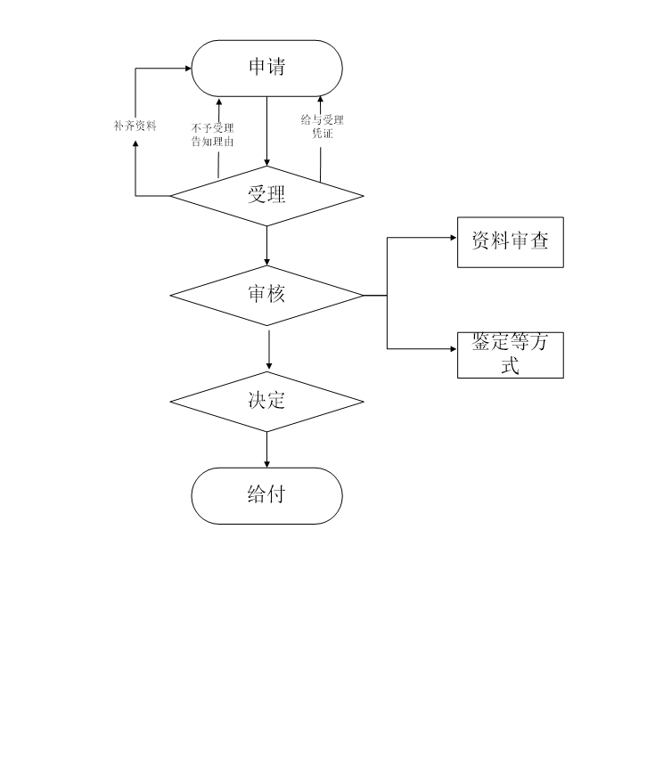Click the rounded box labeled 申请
(267, 68)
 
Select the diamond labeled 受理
(267, 196)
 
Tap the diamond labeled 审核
(267, 295)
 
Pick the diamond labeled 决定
(267, 402)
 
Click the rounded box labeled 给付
(267, 495)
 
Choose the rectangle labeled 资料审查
(510, 241)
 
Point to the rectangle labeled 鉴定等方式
(510, 354)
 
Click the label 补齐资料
(135, 126)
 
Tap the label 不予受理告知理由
(213, 134)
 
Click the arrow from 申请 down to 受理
(267, 129)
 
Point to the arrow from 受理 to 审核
(267, 245)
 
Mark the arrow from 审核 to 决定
(268, 349)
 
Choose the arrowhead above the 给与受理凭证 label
(321, 100)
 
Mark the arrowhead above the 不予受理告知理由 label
(218, 102)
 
